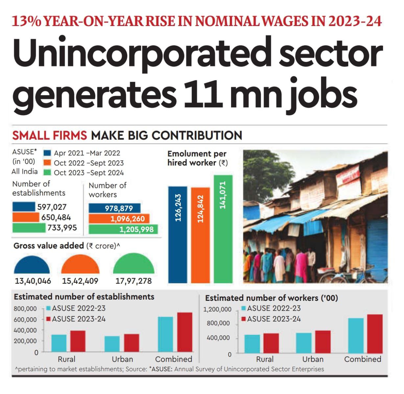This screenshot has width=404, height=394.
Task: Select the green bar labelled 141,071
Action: (223, 229)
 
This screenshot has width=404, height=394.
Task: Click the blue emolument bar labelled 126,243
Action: (178, 234)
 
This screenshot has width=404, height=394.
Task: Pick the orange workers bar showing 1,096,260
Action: (119, 219)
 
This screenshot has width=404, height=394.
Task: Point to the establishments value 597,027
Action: (52, 207)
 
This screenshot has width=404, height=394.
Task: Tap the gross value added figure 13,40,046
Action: (33, 281)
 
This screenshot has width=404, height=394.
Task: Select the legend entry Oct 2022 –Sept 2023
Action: (89, 163)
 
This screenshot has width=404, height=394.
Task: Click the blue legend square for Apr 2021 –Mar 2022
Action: (47, 153)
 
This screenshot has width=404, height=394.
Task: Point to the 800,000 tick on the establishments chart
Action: (25, 309)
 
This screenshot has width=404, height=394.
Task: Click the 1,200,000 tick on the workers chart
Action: (217, 309)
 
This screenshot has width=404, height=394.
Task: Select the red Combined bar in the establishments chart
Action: (185, 332)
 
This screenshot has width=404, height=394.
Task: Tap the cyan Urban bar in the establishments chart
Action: (112, 344)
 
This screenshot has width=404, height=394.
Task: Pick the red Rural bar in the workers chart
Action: (271, 343)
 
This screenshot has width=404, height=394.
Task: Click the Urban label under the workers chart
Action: (313, 359)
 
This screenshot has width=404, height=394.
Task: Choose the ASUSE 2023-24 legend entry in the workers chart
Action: (274, 319)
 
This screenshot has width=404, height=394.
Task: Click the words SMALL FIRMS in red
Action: (50, 135)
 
